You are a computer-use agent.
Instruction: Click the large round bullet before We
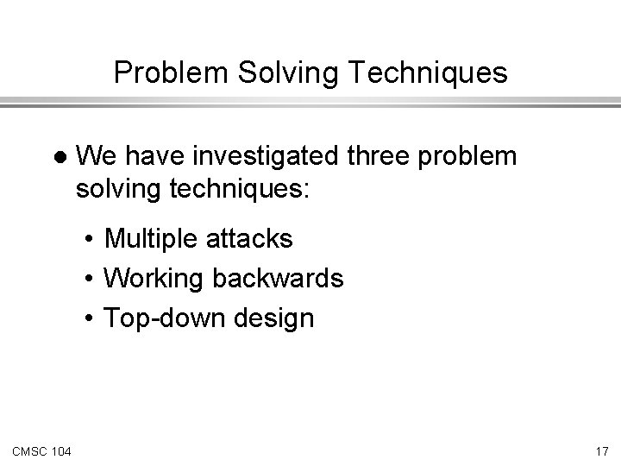(x=59, y=158)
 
